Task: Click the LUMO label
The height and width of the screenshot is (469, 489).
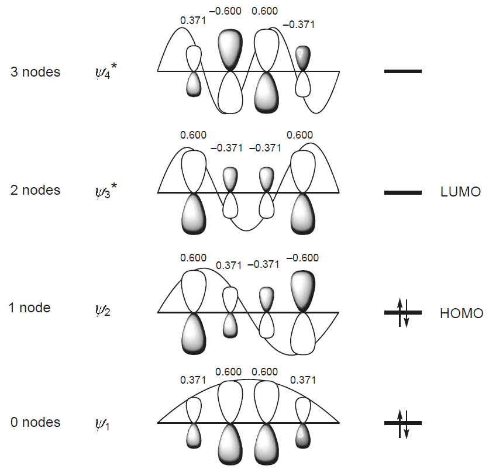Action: click(460, 192)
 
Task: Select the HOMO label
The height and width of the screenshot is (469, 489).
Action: click(461, 313)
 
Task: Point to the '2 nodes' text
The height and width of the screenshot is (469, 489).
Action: click(35, 190)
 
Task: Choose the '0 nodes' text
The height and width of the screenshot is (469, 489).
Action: click(35, 422)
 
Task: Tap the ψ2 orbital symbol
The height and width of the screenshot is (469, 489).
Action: click(103, 310)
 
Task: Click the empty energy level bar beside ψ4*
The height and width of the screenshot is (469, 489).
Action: click(402, 71)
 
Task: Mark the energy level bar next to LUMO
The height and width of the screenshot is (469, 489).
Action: click(402, 192)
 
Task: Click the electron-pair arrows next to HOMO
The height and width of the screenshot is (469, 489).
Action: click(402, 313)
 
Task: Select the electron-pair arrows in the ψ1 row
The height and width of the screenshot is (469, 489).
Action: click(402, 423)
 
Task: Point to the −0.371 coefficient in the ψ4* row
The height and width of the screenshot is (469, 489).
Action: click(298, 25)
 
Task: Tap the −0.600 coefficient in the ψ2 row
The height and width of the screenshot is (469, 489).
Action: click(302, 257)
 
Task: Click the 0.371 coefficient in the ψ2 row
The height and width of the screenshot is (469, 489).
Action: click(229, 265)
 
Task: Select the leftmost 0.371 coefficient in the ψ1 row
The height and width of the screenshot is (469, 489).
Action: click(193, 380)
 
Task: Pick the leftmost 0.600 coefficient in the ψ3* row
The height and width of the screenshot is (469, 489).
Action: click(193, 135)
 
